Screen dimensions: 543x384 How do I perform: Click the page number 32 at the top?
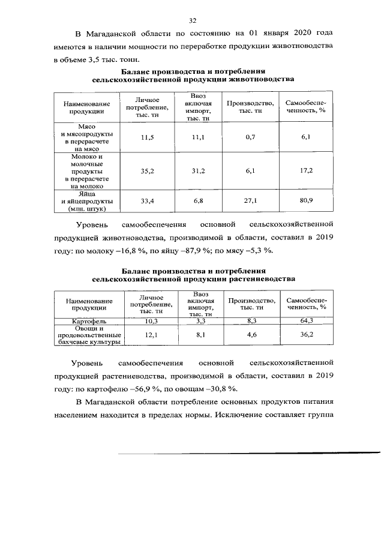click(x=193, y=20)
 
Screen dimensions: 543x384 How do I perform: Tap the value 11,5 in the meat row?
click(x=148, y=138)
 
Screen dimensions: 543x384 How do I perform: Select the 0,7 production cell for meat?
click(x=250, y=138)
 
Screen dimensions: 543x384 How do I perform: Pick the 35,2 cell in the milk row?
click(x=148, y=172)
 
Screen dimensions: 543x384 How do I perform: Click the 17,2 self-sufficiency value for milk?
click(x=306, y=172)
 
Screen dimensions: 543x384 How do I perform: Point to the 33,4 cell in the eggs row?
click(x=148, y=201)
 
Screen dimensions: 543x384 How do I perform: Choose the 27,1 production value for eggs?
click(x=250, y=201)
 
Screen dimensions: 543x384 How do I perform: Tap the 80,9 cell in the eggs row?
click(x=306, y=201)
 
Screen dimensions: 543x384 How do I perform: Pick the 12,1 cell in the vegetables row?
click(x=148, y=336)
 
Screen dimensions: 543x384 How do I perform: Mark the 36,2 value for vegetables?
click(x=306, y=336)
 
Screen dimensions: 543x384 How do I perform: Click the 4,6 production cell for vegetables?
click(x=250, y=336)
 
